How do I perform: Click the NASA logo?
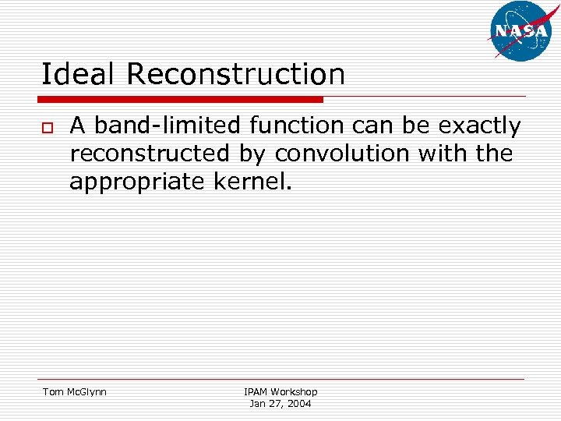pos(521,30)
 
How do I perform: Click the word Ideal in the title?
pos(79,75)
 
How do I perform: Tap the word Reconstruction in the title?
pos(235,75)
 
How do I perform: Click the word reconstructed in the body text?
pos(150,154)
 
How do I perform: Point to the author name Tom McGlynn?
pos(74,391)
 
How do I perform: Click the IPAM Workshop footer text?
pos(280,391)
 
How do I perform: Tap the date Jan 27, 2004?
pos(280,403)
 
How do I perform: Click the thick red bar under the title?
pos(180,100)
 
